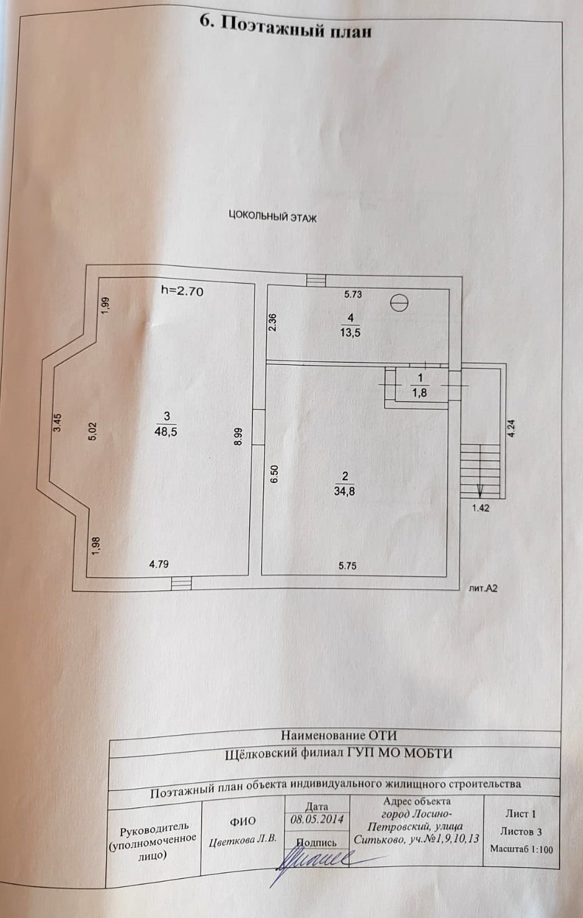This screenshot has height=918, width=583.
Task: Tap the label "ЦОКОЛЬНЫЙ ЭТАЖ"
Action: point(273,217)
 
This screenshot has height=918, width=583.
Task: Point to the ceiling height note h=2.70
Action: point(182,290)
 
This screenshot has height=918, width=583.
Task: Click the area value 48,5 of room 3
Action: point(166,432)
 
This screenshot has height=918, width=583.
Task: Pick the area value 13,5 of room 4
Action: point(350,332)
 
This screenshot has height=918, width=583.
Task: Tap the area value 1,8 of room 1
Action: point(420,393)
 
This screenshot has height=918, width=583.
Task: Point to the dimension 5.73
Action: point(353,295)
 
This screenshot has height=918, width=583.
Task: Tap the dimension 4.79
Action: point(159,564)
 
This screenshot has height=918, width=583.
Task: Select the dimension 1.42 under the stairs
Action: point(481,508)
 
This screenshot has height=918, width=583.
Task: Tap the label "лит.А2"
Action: point(483,588)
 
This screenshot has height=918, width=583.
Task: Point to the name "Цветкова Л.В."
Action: point(243,840)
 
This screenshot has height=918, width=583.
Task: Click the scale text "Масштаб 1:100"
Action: point(521,849)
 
